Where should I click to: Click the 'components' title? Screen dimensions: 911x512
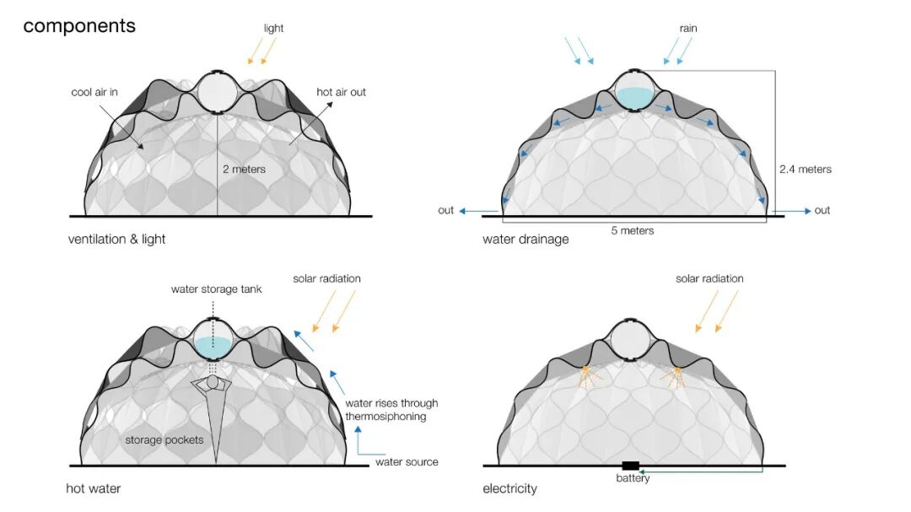click(79, 26)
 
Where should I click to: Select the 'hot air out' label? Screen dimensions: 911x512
click(341, 92)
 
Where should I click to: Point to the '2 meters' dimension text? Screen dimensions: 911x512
click(244, 170)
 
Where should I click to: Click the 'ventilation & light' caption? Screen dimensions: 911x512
click(116, 240)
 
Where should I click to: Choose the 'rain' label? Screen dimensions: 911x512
click(689, 28)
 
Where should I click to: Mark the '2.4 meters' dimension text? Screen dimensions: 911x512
click(805, 170)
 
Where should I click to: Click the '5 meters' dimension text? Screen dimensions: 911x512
click(632, 230)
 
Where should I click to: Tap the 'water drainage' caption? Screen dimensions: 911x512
click(526, 240)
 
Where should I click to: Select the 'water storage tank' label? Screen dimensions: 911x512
click(216, 289)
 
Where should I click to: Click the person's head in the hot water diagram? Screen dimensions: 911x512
click(213, 383)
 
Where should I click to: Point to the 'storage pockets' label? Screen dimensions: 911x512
click(164, 439)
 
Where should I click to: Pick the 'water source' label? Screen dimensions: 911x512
click(407, 461)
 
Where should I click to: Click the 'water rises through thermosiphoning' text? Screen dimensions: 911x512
click(391, 410)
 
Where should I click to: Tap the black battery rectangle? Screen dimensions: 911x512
click(630, 466)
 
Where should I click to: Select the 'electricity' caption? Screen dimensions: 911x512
click(509, 488)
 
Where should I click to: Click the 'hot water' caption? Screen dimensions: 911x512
click(93, 488)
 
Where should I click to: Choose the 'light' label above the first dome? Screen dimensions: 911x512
click(273, 28)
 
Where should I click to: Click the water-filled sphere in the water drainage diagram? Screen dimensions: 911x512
click(633, 90)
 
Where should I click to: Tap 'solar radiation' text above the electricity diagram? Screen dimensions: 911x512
click(709, 278)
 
